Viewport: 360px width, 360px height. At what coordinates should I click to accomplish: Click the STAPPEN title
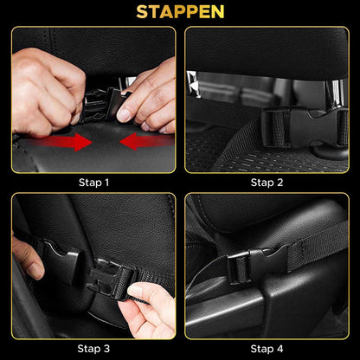coord(180,12)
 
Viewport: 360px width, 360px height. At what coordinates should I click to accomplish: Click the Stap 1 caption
coord(93,183)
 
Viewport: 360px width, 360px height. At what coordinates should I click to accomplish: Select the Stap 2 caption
coord(267,183)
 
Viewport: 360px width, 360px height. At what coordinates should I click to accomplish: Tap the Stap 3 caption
coord(93,349)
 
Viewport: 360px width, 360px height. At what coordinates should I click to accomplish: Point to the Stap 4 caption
coord(267,349)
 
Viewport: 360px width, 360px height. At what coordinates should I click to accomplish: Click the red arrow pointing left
coord(145,141)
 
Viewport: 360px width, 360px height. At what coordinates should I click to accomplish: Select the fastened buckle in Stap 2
coord(305,127)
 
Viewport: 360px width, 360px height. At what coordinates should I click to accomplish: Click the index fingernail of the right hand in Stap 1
coord(124,115)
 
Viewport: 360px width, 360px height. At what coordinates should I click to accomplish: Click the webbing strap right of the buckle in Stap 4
coord(318,245)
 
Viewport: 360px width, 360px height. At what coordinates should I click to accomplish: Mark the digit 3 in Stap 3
coord(106,349)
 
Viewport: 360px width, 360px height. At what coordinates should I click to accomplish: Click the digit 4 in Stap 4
coord(280,349)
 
